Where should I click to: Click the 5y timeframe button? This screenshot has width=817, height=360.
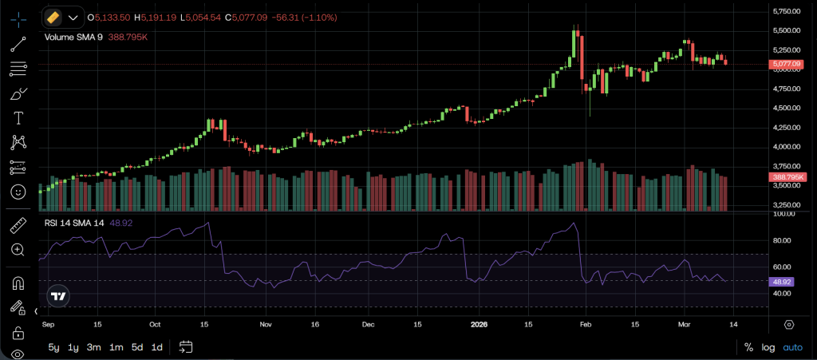point(53,347)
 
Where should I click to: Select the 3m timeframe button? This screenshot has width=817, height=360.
point(94,347)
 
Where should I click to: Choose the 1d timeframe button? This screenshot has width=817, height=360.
point(157,347)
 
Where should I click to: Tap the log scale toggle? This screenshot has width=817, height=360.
point(768,347)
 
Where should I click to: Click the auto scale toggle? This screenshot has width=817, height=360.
point(792,347)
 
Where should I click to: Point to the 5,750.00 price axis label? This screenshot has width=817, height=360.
point(787,11)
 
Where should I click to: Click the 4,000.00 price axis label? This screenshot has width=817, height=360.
point(787,147)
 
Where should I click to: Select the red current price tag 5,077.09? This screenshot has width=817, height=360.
point(786,64)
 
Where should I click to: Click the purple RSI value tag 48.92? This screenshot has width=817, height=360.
point(782,282)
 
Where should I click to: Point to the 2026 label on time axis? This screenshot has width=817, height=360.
point(479,325)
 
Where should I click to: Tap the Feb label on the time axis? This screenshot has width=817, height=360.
point(586,325)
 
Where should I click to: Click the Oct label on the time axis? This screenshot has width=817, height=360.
point(156,325)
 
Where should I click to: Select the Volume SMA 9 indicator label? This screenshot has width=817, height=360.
point(73,37)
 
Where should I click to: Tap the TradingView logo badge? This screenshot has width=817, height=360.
point(57,295)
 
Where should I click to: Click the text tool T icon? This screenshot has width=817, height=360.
point(18,117)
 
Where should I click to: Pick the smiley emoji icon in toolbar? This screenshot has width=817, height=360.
point(18,192)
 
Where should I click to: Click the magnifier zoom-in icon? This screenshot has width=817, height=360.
point(18,250)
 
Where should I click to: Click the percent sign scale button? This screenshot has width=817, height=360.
point(748,347)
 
